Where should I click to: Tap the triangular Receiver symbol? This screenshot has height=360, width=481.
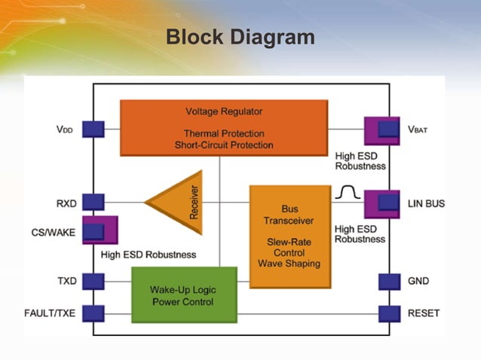coord(176,201)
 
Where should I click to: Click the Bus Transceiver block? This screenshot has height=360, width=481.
coord(290,236)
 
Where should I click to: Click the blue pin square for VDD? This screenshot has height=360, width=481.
coord(93,129)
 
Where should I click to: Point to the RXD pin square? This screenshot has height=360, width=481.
coord(93,202)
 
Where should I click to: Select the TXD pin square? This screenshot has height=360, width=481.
coord(93,281)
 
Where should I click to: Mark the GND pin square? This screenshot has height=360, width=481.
coord(389,281)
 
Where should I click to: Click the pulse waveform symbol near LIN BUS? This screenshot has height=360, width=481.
coord(348,194)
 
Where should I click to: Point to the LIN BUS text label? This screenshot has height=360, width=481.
coord(427,204)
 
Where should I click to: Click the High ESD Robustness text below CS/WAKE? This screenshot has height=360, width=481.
coord(148,255)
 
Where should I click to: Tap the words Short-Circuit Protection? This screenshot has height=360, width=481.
coord(224,145)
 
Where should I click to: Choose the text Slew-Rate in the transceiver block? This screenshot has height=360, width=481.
coord(289,242)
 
